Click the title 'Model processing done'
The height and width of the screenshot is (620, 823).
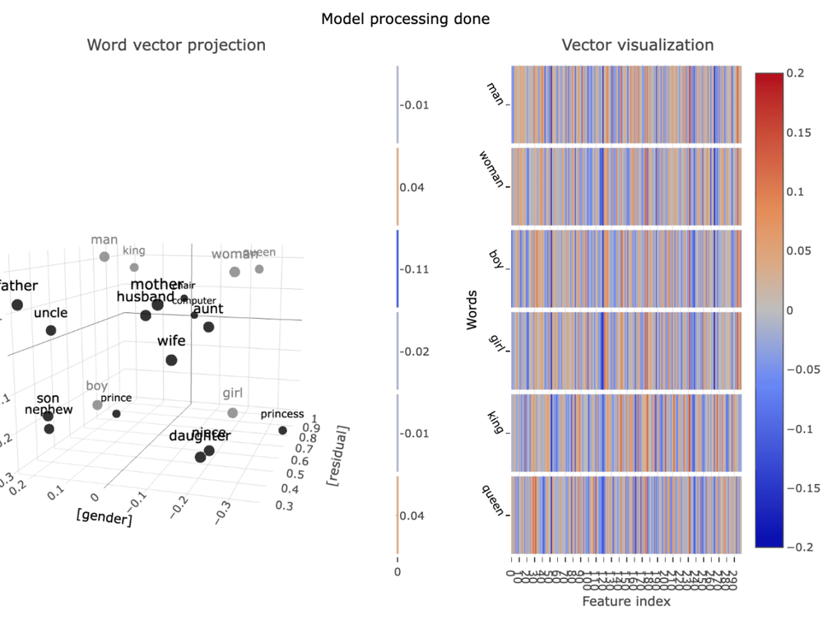[406, 18]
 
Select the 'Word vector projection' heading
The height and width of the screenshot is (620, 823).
[176, 45]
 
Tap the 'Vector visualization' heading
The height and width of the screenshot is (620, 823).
[637, 45]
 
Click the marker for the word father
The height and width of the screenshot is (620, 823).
[17, 305]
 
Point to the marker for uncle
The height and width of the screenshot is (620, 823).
[51, 330]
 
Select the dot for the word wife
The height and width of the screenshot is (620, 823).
[171, 360]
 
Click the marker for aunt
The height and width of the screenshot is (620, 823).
[208, 327]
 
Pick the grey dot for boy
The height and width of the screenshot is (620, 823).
[98, 404]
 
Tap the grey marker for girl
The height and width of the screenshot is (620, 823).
[233, 413]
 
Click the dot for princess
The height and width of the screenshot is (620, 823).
[283, 431]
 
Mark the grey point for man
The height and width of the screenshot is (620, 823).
[105, 256]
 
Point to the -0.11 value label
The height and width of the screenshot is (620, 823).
[414, 269]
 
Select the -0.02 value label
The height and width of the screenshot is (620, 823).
[414, 352]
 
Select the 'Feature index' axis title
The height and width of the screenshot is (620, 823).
[625, 602]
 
